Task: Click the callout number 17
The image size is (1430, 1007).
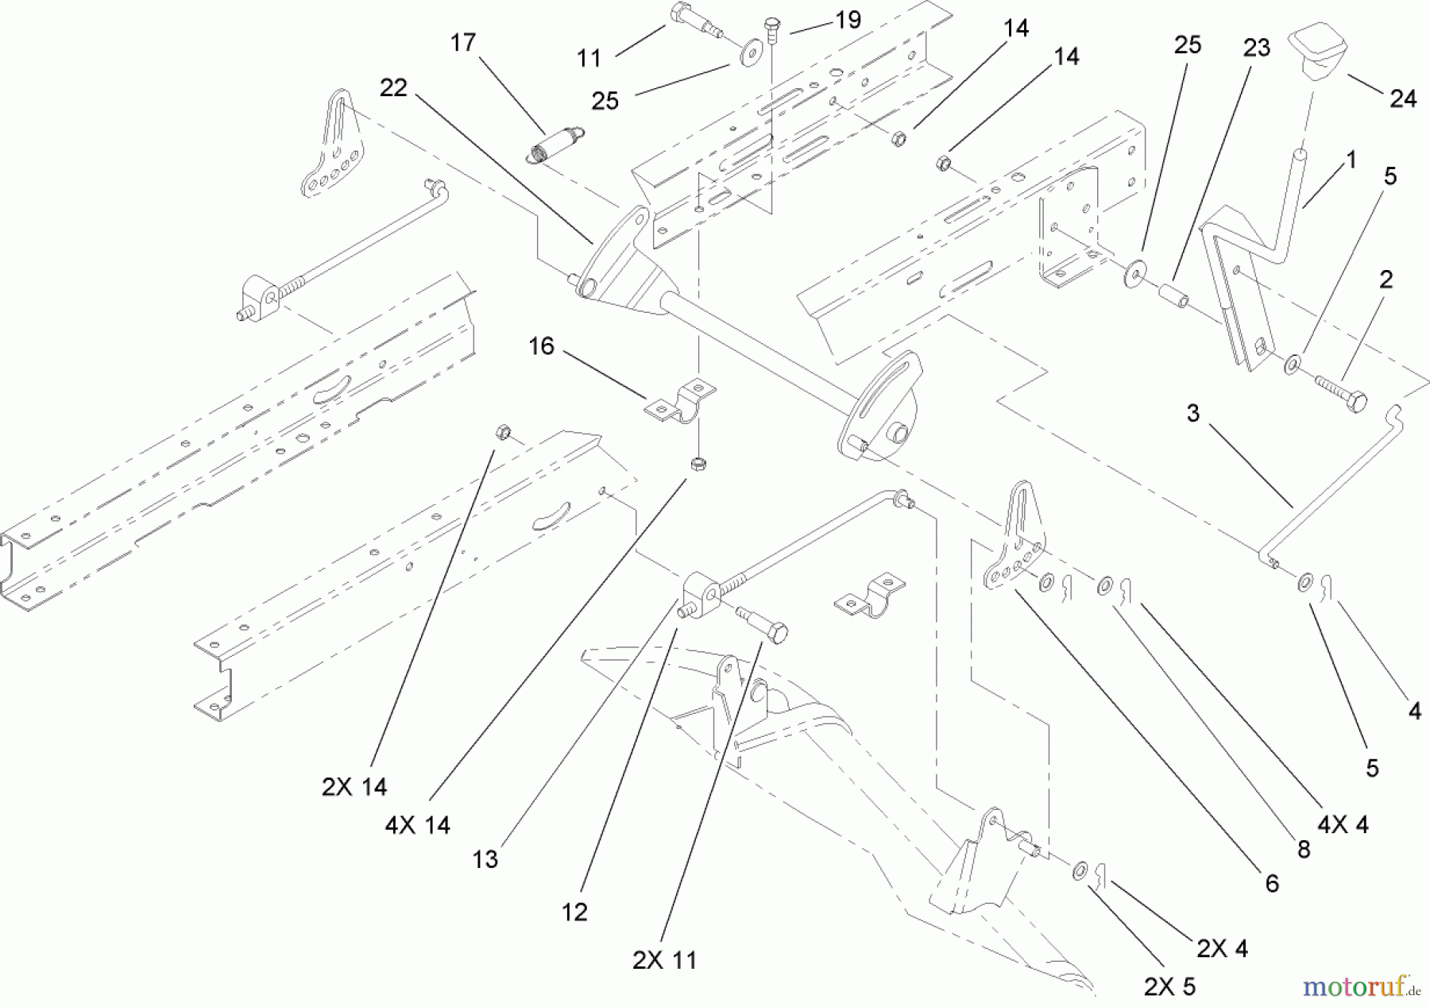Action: pos(462,43)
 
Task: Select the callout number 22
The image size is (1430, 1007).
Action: pos(393,88)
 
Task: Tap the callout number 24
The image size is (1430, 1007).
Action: pos(1403,98)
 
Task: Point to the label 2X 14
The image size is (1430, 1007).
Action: pos(354,786)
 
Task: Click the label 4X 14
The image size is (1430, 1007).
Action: pos(417,825)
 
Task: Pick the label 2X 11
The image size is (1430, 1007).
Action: pos(664,960)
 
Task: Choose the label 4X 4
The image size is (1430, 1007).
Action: pos(1343,825)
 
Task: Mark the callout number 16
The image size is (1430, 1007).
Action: pos(541,347)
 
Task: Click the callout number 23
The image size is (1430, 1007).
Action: pos(1256,48)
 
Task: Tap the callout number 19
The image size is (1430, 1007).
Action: pos(848,20)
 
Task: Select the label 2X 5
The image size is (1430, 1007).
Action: pos(1169,986)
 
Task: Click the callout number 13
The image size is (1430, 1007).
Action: pos(485,859)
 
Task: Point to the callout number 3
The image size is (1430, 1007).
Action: pos(1192,414)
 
